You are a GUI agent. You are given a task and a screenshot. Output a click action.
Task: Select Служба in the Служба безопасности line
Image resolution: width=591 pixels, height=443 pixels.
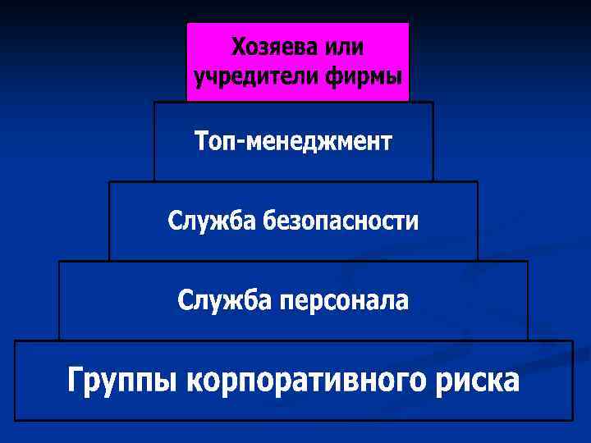coord(213,221)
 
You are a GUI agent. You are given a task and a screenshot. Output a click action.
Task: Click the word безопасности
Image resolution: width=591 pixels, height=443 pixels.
coord(341,221)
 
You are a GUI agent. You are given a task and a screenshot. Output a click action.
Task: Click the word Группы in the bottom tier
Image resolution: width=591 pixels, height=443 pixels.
coord(123,382)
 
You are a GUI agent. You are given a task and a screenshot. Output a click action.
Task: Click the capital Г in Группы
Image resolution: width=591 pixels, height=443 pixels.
coord(76,381)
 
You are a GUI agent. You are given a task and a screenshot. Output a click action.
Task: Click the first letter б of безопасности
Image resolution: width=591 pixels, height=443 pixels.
coord(269,221)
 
